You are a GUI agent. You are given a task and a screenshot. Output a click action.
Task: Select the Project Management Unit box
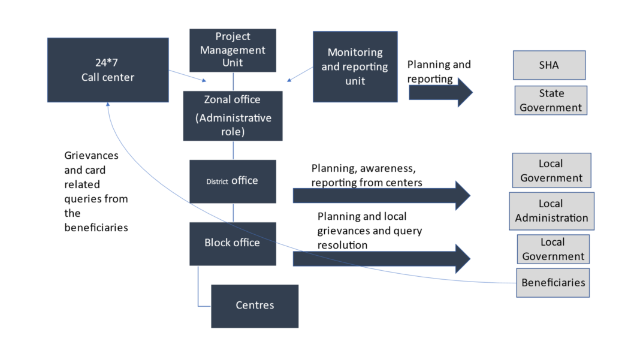click(x=233, y=50)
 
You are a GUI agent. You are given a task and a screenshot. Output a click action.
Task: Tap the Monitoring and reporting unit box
click(x=355, y=66)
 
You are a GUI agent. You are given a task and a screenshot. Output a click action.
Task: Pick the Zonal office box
click(x=233, y=116)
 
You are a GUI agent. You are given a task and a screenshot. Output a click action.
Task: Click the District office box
click(x=233, y=181)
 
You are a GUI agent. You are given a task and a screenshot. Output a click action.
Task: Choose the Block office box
click(x=233, y=243)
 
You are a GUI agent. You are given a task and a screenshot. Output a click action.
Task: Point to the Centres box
click(x=255, y=305)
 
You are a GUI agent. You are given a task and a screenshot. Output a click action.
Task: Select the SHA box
click(x=549, y=65)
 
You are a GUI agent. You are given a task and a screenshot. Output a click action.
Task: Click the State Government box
click(x=551, y=101)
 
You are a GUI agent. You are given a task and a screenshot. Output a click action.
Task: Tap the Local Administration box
click(x=551, y=211)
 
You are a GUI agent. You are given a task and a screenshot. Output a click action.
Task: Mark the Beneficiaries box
click(x=553, y=283)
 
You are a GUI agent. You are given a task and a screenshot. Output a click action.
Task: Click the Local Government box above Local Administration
click(x=551, y=171)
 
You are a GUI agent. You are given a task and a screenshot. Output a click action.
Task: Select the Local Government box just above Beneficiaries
click(x=553, y=249)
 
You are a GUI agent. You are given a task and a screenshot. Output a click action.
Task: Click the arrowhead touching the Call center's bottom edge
click(x=108, y=105)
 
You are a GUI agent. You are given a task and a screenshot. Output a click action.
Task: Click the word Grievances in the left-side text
click(x=91, y=156)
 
